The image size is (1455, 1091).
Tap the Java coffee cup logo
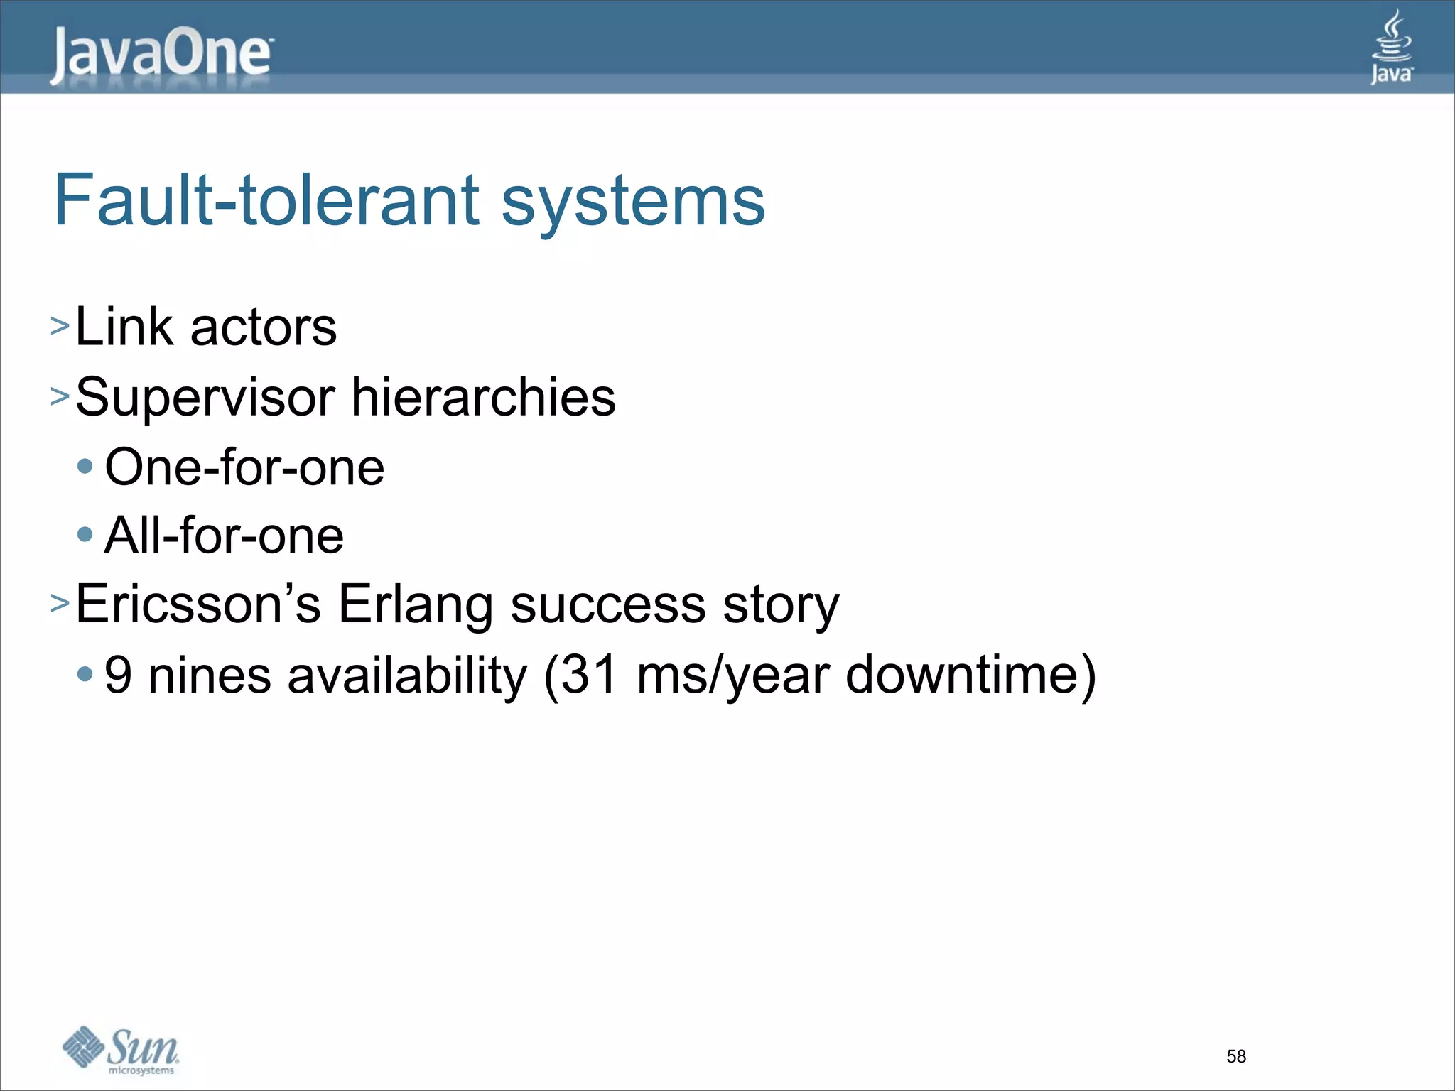coord(1391,47)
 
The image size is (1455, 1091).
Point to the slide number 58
coord(1236,1056)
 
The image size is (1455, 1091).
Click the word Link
coord(124,327)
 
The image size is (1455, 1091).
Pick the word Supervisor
coord(205,398)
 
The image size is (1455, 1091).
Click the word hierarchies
coord(483,396)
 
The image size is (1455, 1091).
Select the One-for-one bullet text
coord(244,467)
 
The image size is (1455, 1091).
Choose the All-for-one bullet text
coord(224,536)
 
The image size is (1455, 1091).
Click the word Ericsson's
coord(198,604)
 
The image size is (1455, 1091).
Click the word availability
coord(407,675)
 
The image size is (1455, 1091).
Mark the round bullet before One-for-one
coord(85,467)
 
